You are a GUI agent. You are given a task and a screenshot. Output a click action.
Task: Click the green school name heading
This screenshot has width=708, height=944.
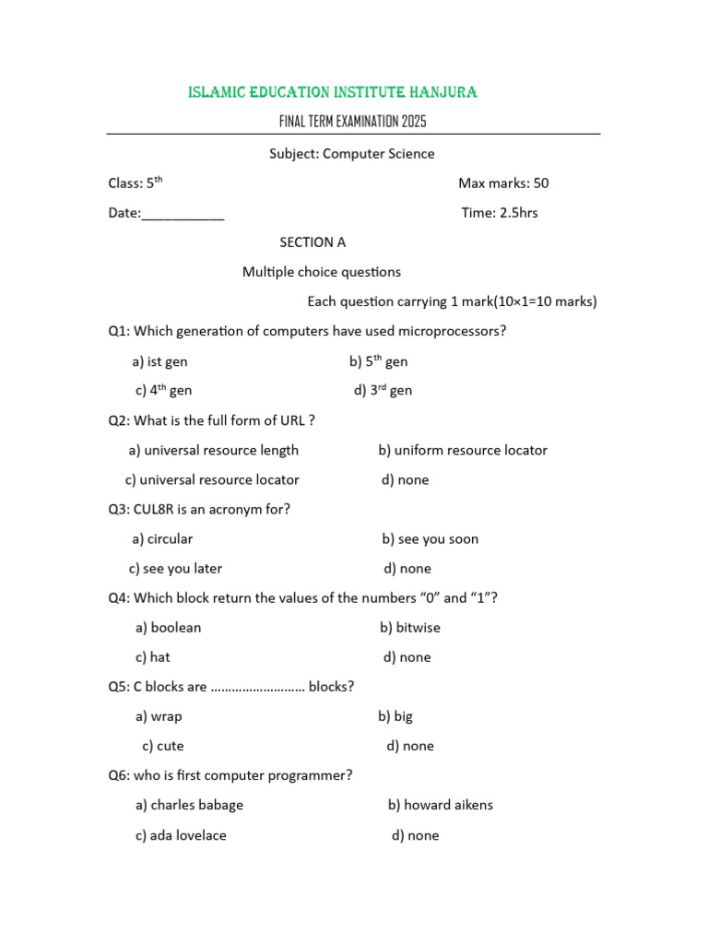(333, 92)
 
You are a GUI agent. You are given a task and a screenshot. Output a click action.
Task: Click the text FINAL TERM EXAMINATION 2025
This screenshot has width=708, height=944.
(352, 122)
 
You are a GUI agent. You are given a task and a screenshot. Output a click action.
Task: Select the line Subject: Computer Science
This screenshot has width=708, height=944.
(351, 154)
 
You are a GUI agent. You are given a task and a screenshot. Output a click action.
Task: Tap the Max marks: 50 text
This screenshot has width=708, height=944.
(502, 183)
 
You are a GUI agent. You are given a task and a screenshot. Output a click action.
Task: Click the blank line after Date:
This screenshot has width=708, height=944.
(183, 214)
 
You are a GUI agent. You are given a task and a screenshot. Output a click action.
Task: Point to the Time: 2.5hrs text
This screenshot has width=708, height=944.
(499, 213)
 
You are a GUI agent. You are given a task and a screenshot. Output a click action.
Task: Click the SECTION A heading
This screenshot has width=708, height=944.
(313, 242)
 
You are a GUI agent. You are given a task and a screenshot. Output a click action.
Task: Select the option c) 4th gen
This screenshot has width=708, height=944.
(164, 391)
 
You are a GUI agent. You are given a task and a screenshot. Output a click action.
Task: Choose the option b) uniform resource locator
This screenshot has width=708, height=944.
(462, 451)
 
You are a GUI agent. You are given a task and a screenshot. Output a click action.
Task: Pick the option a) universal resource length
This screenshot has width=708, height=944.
(214, 451)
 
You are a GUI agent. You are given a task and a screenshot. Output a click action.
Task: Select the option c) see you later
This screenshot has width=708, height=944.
(175, 569)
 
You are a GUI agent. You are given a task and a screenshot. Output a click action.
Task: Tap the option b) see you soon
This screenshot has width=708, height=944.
(430, 539)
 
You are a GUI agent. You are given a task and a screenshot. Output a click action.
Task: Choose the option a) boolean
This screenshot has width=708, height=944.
(168, 628)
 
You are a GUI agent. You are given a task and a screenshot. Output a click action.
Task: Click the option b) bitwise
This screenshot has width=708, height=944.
(409, 628)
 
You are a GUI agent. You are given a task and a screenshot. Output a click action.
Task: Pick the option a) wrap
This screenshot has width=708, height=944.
(159, 716)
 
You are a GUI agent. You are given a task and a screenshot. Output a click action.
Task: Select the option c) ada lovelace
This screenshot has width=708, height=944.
(181, 836)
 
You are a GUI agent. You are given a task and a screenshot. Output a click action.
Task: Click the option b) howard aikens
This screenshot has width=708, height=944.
(440, 806)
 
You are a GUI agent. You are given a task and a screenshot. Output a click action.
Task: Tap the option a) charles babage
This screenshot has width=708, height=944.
(189, 806)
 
